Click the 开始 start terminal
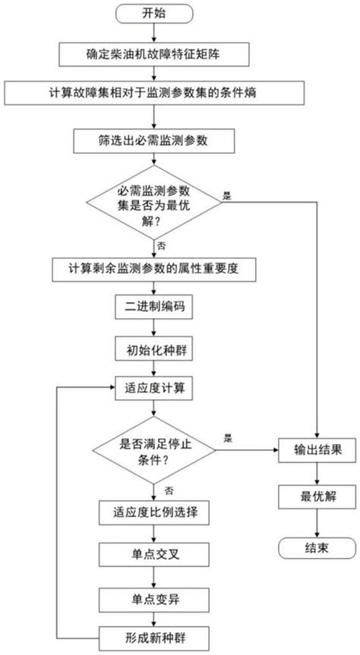(x=156, y=13)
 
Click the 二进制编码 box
(x=155, y=310)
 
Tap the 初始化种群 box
(x=155, y=350)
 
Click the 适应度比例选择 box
(x=155, y=512)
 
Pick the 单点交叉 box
(x=155, y=553)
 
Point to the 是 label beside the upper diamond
(x=226, y=196)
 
